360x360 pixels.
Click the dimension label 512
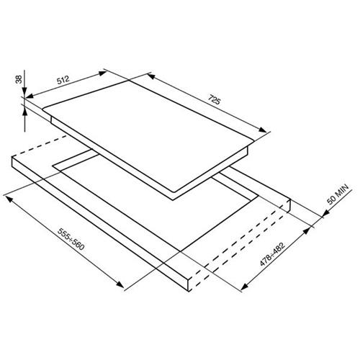coord(63,80)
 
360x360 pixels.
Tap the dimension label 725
coord(214,99)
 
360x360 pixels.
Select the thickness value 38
coord(19,79)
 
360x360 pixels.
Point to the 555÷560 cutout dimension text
coord(71,238)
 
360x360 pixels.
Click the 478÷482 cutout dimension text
coord(272,254)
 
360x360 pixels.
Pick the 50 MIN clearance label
coord(338,194)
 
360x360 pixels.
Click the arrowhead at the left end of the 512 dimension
coord(29,96)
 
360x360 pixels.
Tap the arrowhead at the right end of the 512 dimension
coord(103,73)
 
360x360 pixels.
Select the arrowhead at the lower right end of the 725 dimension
coord(262,130)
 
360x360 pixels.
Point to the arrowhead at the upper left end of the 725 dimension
coord(151,76)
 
